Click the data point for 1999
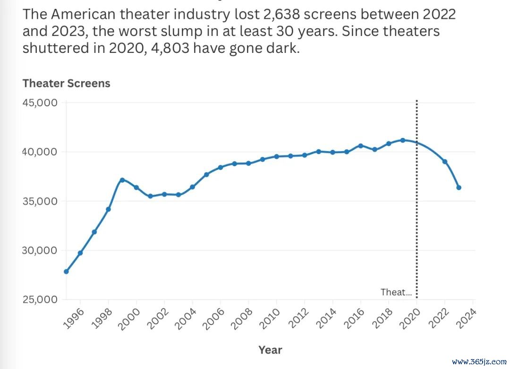pos(122,180)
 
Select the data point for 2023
pos(459,188)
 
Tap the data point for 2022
pos(445,162)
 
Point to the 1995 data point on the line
pos(66,272)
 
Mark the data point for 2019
pos(403,140)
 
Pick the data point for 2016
pos(361,146)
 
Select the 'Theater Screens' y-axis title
pos(66,84)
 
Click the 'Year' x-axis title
pos(270,350)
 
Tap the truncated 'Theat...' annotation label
pos(396,292)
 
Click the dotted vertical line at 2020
pos(417,213)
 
